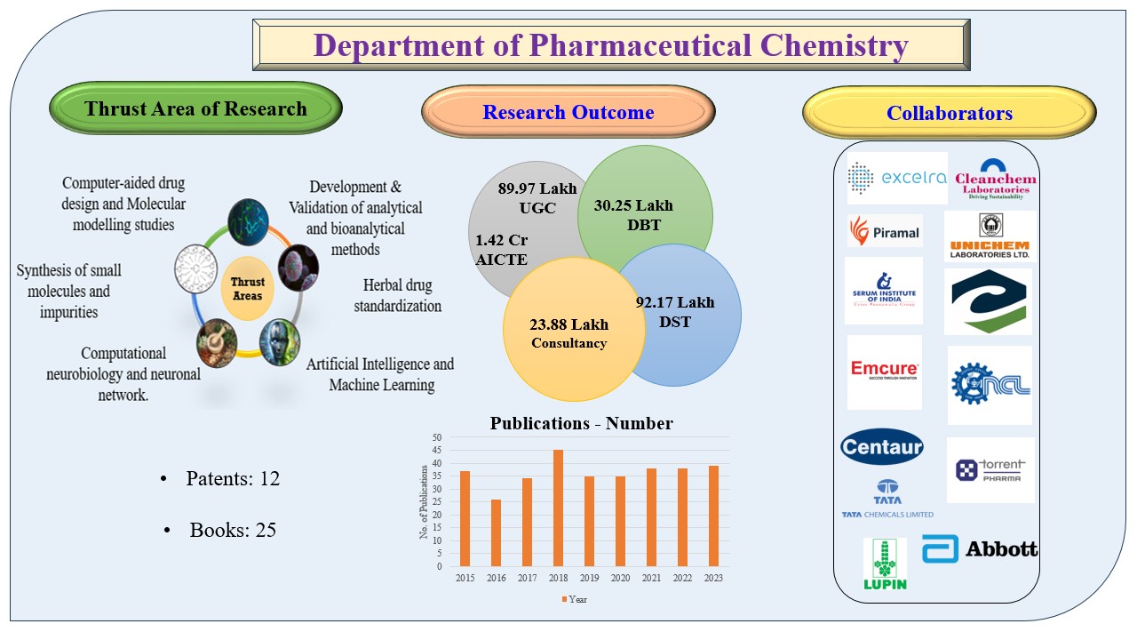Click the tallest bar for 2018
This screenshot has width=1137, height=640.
[x=558, y=508]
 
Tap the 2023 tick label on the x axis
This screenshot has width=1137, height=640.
[x=713, y=579]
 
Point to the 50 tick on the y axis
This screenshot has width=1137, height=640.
[x=436, y=437]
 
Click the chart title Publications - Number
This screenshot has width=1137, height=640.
[x=581, y=423]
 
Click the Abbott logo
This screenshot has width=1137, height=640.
[x=980, y=549]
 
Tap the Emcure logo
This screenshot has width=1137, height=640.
[x=884, y=371]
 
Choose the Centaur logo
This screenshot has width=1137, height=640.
[x=882, y=446]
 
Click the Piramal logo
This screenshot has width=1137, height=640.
[x=884, y=232]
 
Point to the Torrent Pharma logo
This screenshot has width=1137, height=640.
[x=990, y=469]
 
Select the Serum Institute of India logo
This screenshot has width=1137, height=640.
[x=884, y=291]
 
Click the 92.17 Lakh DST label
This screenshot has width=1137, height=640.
[x=675, y=312]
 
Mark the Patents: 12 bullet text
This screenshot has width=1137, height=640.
[x=232, y=478]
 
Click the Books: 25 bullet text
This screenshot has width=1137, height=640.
[x=233, y=530]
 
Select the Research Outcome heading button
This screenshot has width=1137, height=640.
[x=568, y=113]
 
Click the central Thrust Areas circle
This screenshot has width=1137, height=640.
[x=248, y=288]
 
